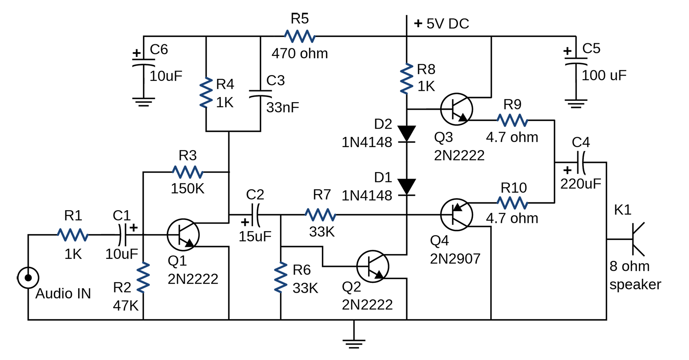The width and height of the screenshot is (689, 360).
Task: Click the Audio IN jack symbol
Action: (x=28, y=278)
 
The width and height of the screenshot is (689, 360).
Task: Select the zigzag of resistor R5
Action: (x=300, y=36)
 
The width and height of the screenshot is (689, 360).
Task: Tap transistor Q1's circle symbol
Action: (x=183, y=235)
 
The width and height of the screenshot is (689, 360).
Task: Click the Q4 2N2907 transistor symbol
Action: (x=457, y=214)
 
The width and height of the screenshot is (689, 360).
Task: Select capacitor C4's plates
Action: (x=581, y=163)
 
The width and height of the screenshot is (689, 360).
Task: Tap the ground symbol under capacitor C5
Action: (x=576, y=104)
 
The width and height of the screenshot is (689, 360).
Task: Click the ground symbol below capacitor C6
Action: (x=143, y=102)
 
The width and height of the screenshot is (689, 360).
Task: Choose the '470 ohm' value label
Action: (x=300, y=53)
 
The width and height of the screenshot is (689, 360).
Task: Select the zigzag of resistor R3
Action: (x=188, y=172)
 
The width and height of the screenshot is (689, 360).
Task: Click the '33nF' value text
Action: (x=282, y=107)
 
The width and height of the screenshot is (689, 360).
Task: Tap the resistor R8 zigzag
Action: (x=406, y=79)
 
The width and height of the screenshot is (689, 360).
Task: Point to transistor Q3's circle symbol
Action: (x=457, y=109)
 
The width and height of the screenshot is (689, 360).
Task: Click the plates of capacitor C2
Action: (x=255, y=214)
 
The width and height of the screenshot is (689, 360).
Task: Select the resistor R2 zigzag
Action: (x=143, y=277)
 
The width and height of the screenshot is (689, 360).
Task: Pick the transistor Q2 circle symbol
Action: (x=373, y=266)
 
